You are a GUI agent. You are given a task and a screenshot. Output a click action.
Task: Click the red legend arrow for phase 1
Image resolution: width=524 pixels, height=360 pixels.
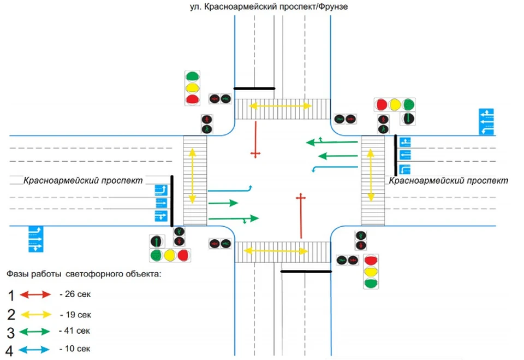pyautogui.click(x=37, y=295)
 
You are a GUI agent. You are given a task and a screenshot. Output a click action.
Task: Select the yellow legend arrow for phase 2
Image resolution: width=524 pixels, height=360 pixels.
pyautogui.click(x=37, y=315)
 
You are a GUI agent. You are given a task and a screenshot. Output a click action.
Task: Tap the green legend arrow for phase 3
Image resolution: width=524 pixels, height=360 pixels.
pyautogui.click(x=37, y=332)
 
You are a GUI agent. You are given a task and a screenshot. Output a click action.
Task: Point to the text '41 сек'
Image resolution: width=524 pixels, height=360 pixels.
pyautogui.click(x=76, y=331)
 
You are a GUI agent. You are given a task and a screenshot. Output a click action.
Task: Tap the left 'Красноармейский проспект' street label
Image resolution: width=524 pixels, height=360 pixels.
pyautogui.click(x=82, y=180)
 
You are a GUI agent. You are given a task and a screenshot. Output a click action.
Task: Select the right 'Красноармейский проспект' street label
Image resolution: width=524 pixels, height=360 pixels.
pyautogui.click(x=448, y=180)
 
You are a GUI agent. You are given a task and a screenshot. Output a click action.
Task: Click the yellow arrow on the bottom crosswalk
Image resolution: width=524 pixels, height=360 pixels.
pyautogui.click(x=276, y=251)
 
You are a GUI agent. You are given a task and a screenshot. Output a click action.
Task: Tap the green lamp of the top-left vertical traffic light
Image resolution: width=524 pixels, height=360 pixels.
pyautogui.click(x=192, y=76)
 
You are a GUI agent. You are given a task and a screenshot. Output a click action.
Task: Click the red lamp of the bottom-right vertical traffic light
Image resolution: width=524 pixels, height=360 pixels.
pyautogui.click(x=371, y=260)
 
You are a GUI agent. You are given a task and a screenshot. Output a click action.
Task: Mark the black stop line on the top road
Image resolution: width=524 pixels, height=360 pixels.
pyautogui.click(x=254, y=88)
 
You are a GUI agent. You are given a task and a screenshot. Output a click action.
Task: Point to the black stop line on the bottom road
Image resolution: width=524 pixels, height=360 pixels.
pyautogui.click(x=306, y=271)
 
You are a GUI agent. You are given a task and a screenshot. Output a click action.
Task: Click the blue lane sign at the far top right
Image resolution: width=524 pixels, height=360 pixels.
pyautogui.click(x=486, y=122)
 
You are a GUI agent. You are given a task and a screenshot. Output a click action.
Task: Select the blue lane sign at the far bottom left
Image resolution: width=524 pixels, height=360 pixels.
pyautogui.click(x=35, y=239)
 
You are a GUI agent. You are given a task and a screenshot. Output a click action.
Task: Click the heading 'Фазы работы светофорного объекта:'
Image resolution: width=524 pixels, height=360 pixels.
pyautogui.click(x=84, y=273)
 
